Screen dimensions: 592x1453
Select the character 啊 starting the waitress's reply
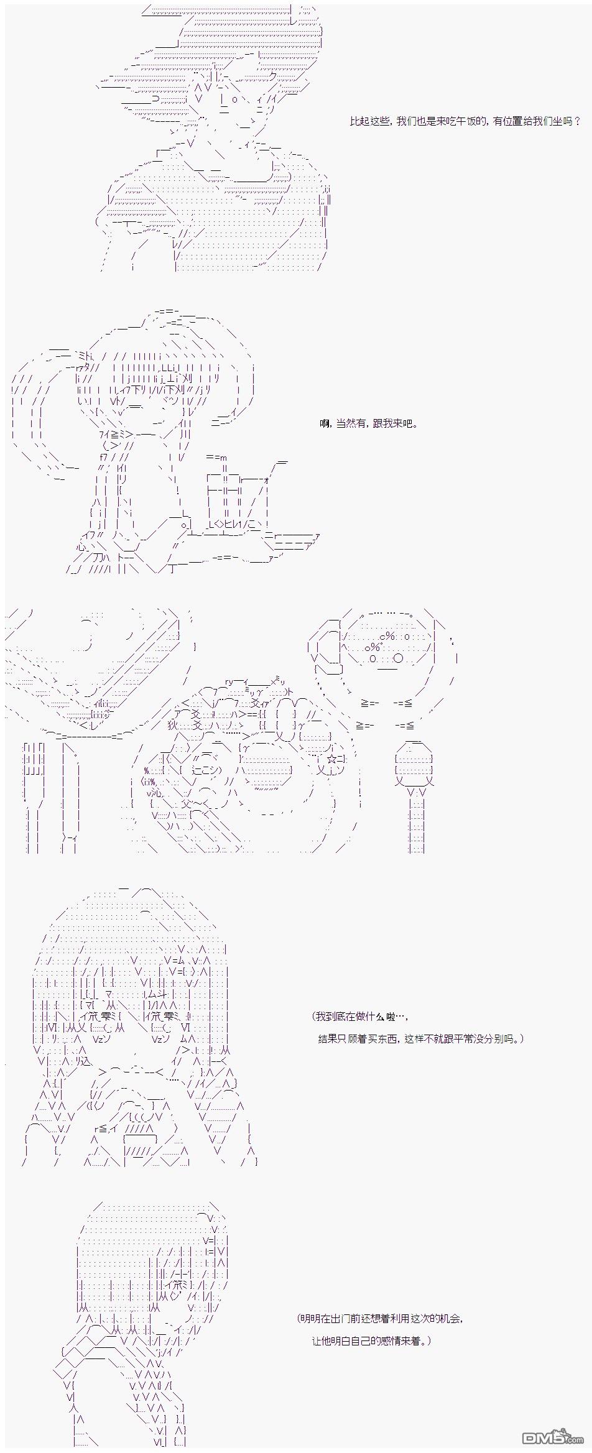click(325, 424)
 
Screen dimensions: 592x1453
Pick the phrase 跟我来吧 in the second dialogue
click(392, 424)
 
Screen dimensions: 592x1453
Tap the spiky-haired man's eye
click(234, 99)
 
